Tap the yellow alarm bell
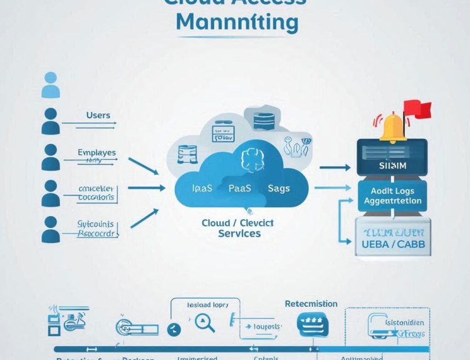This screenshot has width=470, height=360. [393, 127]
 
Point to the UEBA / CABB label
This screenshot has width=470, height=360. [393, 245]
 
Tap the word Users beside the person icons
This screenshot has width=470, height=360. [98, 115]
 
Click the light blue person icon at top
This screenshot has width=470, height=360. [50, 85]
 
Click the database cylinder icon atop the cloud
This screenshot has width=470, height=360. [263, 118]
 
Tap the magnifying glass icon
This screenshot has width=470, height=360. [206, 323]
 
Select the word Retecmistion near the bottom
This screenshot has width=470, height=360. [311, 304]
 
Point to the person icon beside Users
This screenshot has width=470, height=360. [50, 120]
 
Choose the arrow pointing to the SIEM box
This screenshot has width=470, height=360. [335, 168]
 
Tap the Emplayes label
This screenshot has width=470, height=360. [97, 152]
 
